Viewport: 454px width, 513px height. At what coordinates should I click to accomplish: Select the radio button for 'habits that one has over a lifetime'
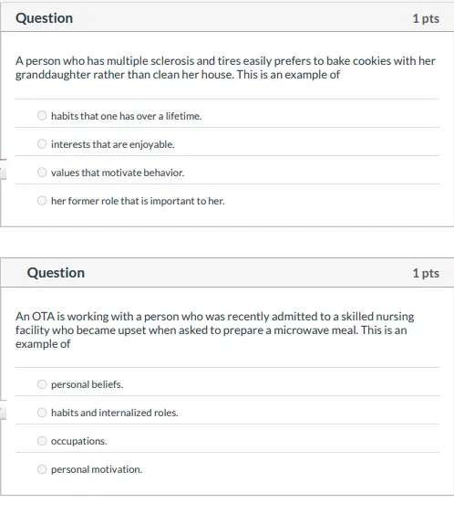pos(42,116)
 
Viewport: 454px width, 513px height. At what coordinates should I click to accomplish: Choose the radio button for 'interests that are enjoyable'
pos(42,144)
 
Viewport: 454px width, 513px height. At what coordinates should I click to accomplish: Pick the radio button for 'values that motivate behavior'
pos(42,173)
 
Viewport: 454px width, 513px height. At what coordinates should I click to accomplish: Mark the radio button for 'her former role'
pos(42,201)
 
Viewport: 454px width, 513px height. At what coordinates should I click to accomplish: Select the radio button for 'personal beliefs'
pos(42,384)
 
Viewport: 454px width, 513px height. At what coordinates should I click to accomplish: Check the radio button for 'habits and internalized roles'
pos(42,413)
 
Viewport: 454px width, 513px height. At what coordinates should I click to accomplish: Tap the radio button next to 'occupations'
pos(42,441)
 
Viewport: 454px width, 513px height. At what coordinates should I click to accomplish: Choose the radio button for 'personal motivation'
pos(42,469)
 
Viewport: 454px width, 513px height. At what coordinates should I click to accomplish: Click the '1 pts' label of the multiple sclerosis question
pos(425,18)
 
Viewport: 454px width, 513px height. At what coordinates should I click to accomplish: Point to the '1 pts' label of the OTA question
pos(425,273)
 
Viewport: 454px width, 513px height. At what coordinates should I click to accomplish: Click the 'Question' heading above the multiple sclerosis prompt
pos(44,18)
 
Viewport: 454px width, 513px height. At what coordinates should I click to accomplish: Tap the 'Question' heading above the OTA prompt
pos(56,273)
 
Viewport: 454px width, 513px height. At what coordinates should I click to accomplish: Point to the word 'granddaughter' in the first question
pos(50,75)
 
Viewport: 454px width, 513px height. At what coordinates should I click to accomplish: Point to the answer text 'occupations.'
pos(78,441)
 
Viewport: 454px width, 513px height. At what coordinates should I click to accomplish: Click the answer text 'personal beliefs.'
pos(87,384)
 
